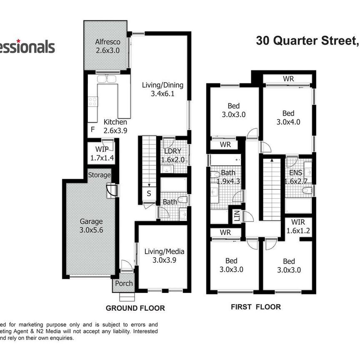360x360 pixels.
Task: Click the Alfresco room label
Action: [x=107, y=46]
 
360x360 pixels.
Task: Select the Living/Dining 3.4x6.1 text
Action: [x=162, y=90]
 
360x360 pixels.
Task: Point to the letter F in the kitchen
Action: [x=92, y=129]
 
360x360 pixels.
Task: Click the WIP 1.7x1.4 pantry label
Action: [x=102, y=153]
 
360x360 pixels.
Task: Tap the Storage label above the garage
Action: [x=99, y=175]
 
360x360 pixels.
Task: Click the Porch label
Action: [x=124, y=283]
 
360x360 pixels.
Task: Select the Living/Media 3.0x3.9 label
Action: [x=164, y=255]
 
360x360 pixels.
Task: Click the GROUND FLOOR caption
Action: [x=135, y=308]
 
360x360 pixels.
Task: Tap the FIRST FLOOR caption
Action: [x=256, y=307]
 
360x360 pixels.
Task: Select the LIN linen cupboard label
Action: [x=236, y=216]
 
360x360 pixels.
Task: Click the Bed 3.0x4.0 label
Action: [x=288, y=117]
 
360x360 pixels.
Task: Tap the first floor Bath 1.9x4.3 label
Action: [x=229, y=176]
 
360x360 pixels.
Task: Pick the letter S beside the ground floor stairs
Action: [x=149, y=194]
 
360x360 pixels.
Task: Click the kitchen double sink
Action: [x=108, y=79]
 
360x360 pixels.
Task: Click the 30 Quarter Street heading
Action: [x=306, y=41]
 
